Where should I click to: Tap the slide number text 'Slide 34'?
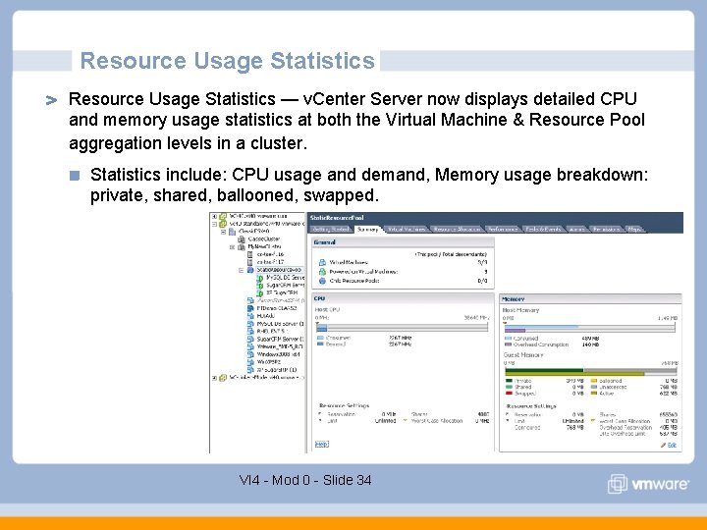(x=348, y=480)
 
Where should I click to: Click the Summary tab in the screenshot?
(x=368, y=229)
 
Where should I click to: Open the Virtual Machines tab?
(x=407, y=229)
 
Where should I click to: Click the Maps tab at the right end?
(x=634, y=229)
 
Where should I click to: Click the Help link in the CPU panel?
(x=321, y=444)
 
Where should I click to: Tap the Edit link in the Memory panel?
(x=673, y=445)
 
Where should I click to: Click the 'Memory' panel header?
(x=514, y=298)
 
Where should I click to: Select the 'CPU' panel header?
(x=320, y=298)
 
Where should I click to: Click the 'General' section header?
(x=324, y=240)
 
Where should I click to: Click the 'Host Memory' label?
(x=520, y=310)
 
